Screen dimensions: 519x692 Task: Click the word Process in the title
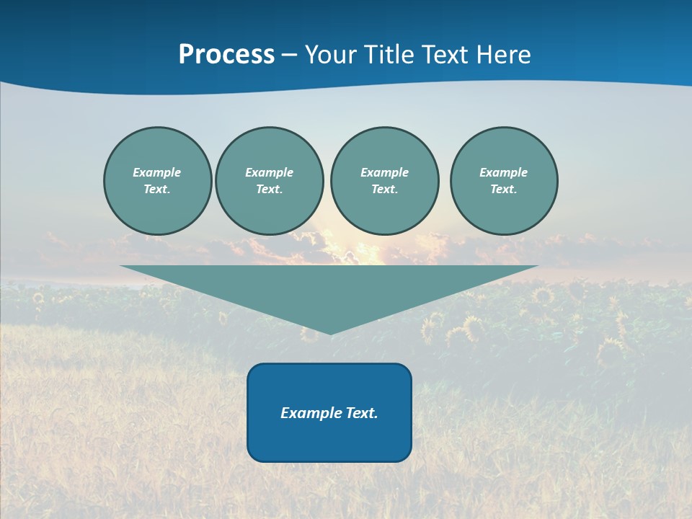click(x=226, y=55)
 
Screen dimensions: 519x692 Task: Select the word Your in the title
click(x=332, y=55)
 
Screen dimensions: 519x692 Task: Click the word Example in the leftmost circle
click(x=157, y=172)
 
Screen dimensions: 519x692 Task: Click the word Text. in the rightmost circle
click(x=503, y=189)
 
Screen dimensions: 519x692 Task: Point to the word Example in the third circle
click(x=384, y=172)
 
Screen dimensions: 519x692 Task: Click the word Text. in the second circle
click(x=269, y=189)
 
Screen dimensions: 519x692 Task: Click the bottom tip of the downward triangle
click(x=330, y=333)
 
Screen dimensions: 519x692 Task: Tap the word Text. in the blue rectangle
click(x=361, y=413)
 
